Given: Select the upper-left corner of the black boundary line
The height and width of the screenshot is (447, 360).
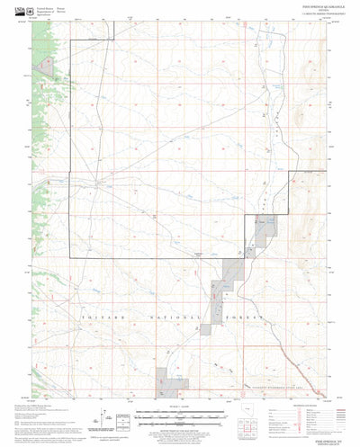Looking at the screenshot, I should tap(71, 41).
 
